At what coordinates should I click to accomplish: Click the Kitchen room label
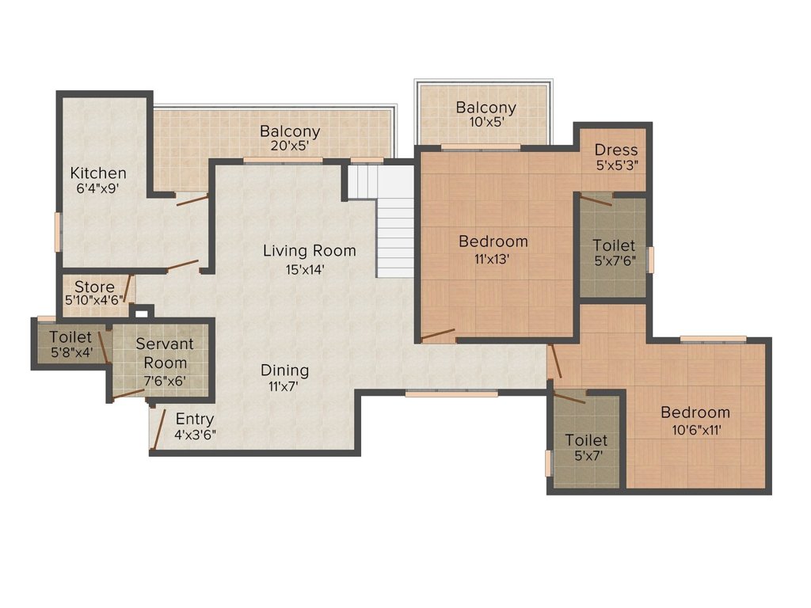click(98, 173)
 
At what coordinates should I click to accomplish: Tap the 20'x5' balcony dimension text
click(290, 146)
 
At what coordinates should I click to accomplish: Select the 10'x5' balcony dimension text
click(485, 122)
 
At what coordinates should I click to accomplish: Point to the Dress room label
click(616, 150)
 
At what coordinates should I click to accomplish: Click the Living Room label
click(310, 251)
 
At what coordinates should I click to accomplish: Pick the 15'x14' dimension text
click(305, 269)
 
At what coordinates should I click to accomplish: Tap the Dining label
click(284, 370)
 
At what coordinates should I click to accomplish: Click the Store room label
click(95, 287)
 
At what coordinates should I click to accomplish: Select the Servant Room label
click(165, 353)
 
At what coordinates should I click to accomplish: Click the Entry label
click(195, 420)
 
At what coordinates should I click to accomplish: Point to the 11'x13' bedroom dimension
click(493, 259)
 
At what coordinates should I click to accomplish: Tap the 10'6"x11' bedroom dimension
click(696, 430)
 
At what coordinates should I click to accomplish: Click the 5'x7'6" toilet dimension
click(615, 261)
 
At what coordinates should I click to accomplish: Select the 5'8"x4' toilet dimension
click(71, 353)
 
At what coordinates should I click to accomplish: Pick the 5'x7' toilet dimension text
click(588, 456)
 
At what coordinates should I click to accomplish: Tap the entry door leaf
click(158, 430)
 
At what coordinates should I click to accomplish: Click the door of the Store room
click(129, 288)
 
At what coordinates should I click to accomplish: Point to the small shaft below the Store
click(142, 312)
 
